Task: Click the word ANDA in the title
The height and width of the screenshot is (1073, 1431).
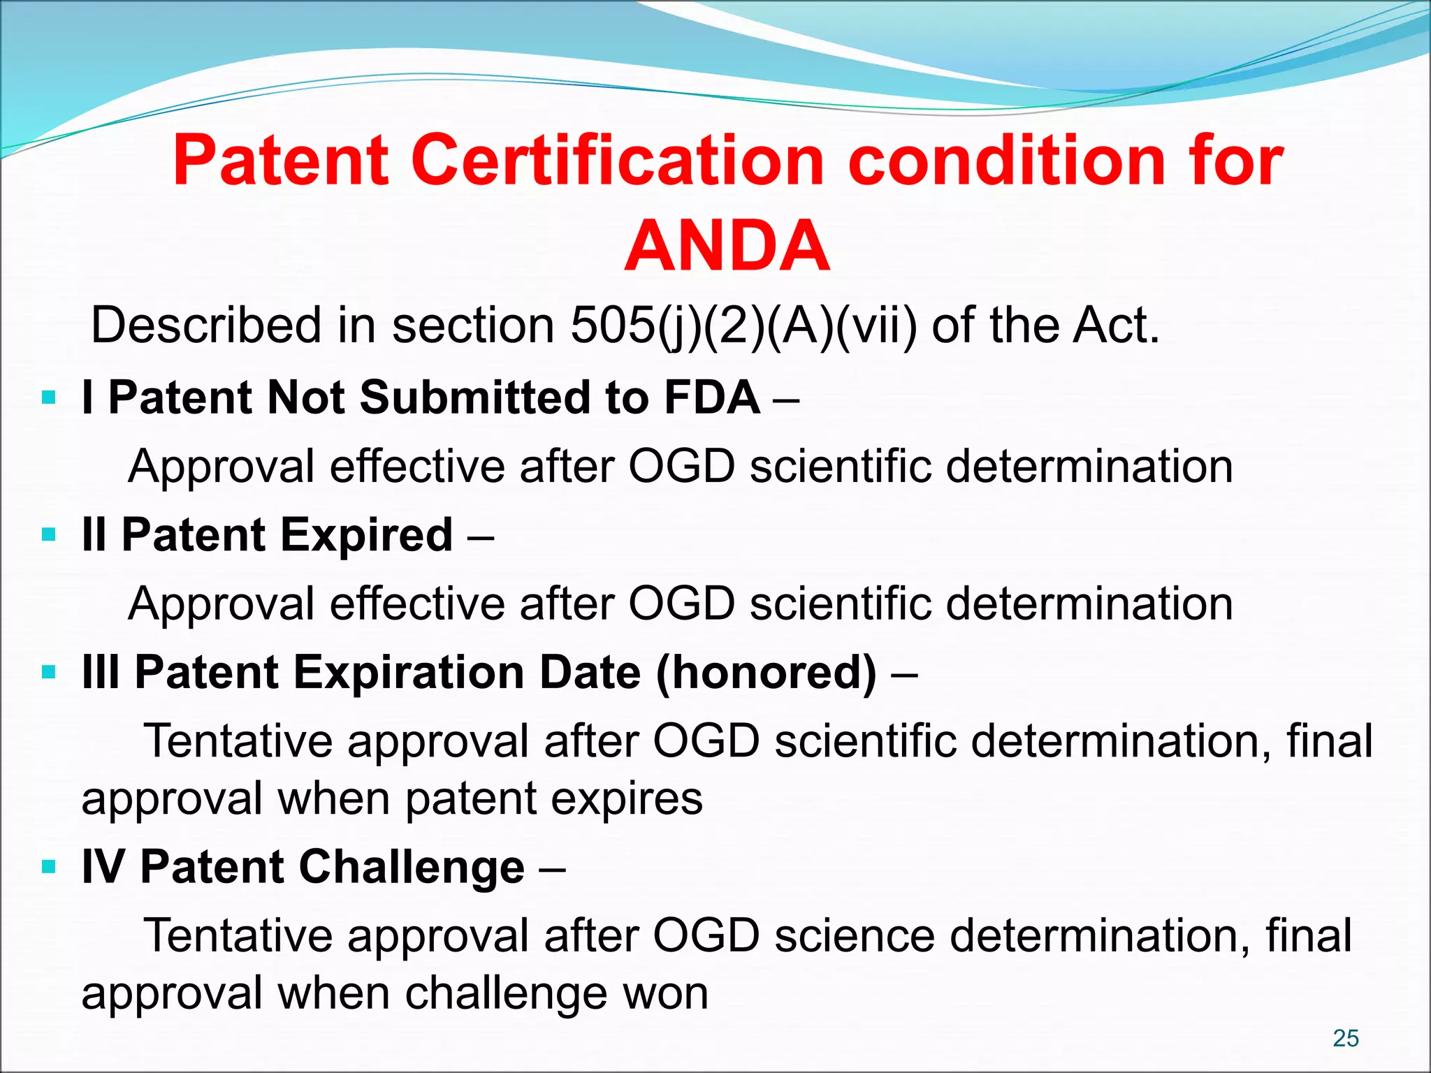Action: tap(727, 246)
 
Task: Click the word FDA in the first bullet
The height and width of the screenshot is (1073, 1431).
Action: tap(711, 397)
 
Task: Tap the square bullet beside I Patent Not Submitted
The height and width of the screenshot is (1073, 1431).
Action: tap(48, 399)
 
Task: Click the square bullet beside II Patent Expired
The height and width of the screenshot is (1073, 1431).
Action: tap(48, 536)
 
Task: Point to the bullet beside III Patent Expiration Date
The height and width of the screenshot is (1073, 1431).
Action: tap(48, 673)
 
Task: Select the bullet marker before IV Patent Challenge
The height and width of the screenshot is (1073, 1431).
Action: tap(48, 868)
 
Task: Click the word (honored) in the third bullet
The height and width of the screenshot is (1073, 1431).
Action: tap(766, 673)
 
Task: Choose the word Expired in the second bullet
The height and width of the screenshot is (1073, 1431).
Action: tap(368, 535)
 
